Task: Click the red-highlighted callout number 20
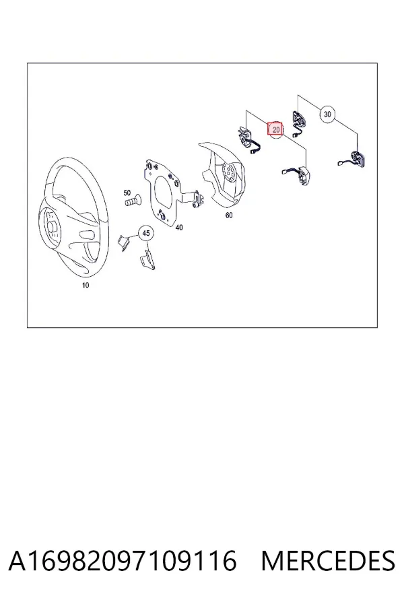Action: [275, 129]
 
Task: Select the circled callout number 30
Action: [327, 114]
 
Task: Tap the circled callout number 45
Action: [145, 233]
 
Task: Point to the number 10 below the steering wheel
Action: [86, 285]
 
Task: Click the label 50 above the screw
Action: [127, 193]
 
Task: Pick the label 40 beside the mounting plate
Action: [179, 228]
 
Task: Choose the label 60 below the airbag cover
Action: [229, 215]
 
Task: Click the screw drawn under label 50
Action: [133, 201]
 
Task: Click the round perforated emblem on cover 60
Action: [230, 172]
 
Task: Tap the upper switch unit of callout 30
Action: [298, 121]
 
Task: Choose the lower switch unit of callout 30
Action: [354, 159]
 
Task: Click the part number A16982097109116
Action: [122, 561]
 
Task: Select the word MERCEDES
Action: [328, 561]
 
